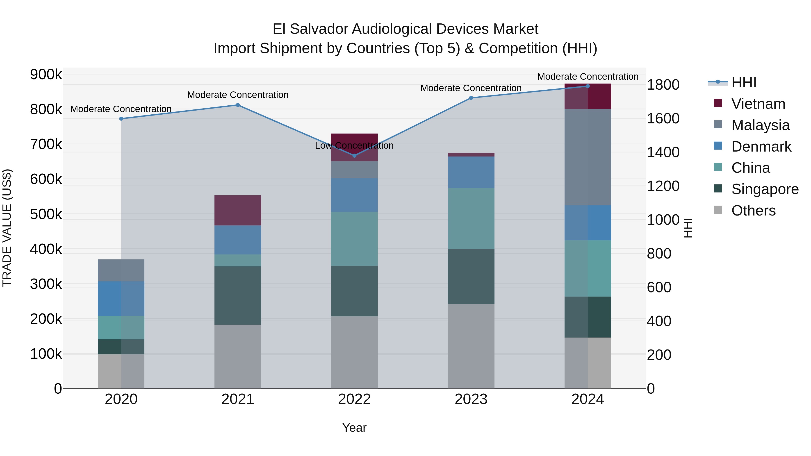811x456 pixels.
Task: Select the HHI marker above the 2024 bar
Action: (588, 86)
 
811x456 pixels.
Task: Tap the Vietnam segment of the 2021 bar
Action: (238, 210)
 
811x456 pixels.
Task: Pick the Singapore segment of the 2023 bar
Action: (471, 276)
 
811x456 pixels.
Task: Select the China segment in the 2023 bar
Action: (471, 218)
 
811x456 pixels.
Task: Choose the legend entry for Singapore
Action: (765, 189)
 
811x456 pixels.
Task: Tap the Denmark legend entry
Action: (761, 147)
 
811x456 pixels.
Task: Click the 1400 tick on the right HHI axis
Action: (663, 152)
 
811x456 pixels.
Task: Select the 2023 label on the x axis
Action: (471, 399)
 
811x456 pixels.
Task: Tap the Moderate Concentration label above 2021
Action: (238, 95)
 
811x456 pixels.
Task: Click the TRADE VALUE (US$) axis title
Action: (7, 228)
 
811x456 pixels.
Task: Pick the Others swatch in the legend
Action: (718, 210)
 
